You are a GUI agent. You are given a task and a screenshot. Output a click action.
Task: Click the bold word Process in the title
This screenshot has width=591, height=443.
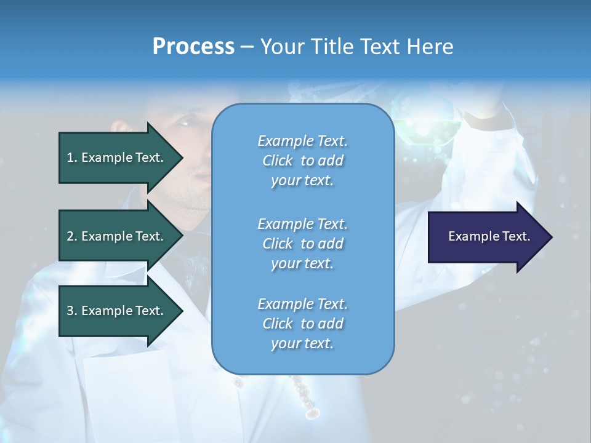coord(193,46)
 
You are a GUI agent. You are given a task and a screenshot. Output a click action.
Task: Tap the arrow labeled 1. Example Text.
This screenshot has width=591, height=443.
coord(117,158)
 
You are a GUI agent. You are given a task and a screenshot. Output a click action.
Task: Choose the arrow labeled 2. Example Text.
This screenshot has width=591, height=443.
coord(117,236)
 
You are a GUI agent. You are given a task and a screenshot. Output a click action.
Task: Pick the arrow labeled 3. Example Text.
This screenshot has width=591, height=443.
coord(117,311)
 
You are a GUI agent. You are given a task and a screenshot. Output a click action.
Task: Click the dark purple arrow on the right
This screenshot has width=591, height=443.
coord(486,236)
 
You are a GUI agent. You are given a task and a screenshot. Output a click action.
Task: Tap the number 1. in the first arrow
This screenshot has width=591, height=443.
coord(71,158)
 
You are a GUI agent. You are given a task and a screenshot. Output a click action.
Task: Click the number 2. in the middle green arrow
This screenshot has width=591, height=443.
coord(71,236)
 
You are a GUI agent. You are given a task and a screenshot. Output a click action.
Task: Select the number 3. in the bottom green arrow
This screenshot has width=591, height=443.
coord(71,311)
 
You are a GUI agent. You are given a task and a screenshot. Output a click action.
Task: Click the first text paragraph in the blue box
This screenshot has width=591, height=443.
coord(302,161)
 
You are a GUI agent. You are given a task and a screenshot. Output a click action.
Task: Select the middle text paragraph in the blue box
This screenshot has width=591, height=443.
coord(302,243)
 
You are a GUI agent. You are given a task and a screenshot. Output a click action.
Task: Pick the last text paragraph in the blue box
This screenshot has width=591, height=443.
coord(302,324)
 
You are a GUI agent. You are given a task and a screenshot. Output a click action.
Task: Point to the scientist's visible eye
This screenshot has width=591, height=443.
coord(185,123)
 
